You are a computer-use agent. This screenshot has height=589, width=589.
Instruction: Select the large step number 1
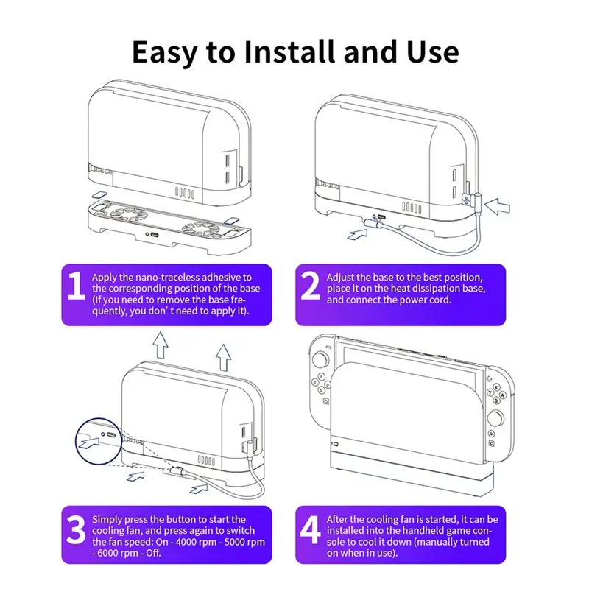coord(77,288)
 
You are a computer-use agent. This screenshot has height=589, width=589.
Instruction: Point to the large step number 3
coord(77,529)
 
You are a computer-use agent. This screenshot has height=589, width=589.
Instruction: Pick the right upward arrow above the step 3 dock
coord(223,358)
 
